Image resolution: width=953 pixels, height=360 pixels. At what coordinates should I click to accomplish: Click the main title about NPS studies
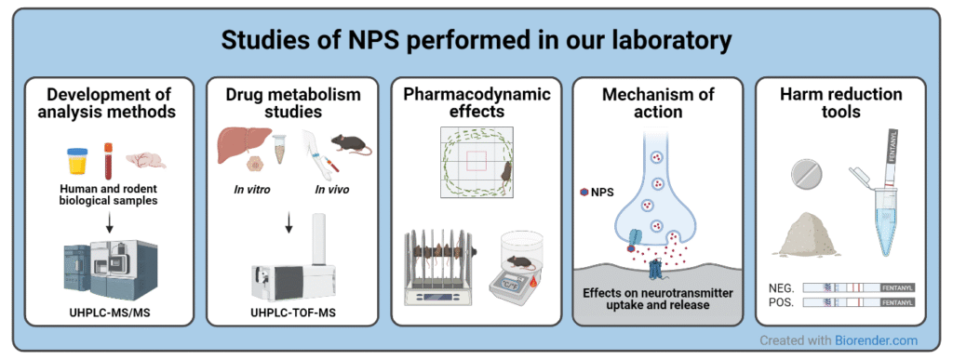click(x=476, y=42)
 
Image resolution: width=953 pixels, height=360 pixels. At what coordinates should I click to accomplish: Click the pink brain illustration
click(x=146, y=160)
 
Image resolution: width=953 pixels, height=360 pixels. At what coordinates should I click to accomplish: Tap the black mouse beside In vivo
click(x=349, y=144)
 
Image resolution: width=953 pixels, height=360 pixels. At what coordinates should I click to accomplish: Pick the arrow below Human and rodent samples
click(x=110, y=218)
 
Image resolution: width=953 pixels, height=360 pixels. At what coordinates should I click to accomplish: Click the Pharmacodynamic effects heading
click(x=476, y=102)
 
